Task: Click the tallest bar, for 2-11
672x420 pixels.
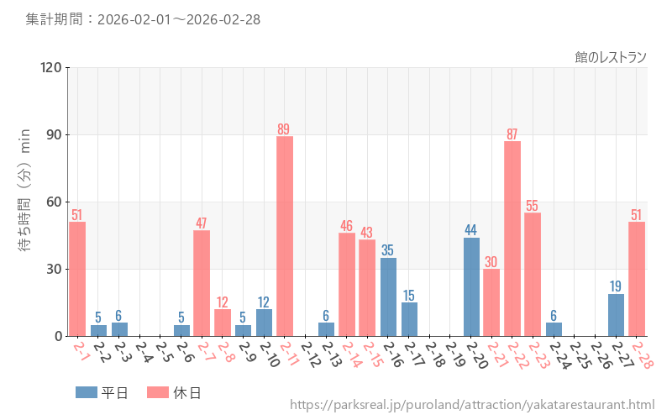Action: (x=285, y=236)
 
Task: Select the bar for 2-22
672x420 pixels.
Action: (x=512, y=239)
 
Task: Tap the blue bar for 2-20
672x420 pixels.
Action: (x=471, y=286)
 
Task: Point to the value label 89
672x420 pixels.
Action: (x=284, y=129)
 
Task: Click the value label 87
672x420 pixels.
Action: (x=512, y=134)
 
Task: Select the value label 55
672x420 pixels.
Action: (x=533, y=206)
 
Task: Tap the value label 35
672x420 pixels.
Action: (x=388, y=250)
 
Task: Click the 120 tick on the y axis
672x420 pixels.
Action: (x=51, y=67)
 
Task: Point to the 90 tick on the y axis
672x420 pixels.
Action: (x=55, y=134)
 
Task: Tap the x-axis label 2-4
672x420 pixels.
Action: (x=144, y=354)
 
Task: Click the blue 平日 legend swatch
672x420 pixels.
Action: (x=87, y=392)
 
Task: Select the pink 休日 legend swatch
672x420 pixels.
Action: (x=158, y=392)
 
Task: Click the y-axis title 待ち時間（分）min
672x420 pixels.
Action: (x=25, y=202)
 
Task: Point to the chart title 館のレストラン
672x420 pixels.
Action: (x=611, y=57)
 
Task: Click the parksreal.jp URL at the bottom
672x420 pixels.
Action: (x=472, y=405)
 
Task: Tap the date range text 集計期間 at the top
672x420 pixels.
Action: (x=143, y=18)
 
